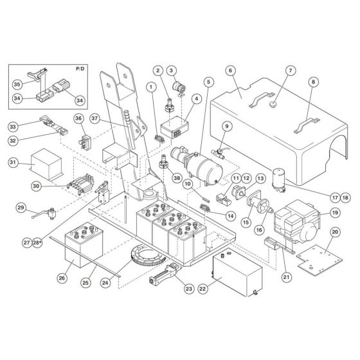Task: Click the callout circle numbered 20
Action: click(334, 232)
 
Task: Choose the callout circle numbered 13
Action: click(260, 178)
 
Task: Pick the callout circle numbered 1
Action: click(151, 86)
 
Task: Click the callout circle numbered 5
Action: click(208, 82)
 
